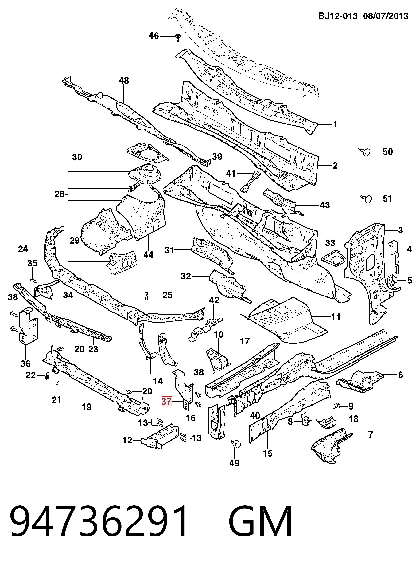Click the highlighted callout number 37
pyautogui.click(x=167, y=401)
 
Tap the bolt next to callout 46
pyautogui.click(x=178, y=38)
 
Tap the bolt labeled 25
pyautogui.click(x=146, y=296)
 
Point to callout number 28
pyautogui.click(x=60, y=194)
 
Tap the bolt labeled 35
pyautogui.click(x=33, y=280)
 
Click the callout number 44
pyautogui.click(x=149, y=255)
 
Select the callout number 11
pyautogui.click(x=336, y=317)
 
